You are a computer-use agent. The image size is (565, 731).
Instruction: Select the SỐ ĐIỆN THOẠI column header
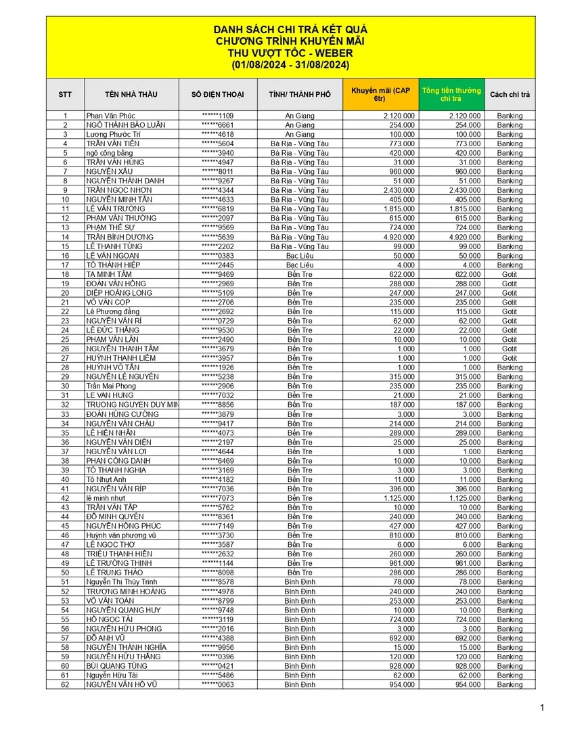tap(217, 95)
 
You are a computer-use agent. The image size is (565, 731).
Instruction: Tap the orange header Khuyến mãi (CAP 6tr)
tap(380, 95)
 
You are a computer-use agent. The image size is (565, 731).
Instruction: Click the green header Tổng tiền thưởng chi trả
tap(451, 95)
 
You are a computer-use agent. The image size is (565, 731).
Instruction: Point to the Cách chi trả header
tap(510, 95)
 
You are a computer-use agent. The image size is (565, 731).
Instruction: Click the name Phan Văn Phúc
tap(110, 116)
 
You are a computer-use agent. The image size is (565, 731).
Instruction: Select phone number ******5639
tap(217, 237)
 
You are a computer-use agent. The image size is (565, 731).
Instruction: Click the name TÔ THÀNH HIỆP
tap(114, 265)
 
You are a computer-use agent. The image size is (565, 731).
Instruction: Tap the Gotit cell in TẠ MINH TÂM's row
tap(510, 274)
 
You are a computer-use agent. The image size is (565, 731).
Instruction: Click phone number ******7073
tap(217, 498)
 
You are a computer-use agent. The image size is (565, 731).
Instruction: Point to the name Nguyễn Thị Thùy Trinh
tap(122, 582)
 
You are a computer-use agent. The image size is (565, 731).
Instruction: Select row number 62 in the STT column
tap(66, 684)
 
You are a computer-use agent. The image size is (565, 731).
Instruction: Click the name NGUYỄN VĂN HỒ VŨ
tap(122, 684)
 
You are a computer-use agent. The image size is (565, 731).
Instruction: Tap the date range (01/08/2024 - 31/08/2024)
tap(290, 65)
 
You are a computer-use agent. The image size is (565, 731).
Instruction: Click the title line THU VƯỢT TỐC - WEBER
tap(290, 53)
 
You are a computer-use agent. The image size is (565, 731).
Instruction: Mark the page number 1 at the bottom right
tap(542, 708)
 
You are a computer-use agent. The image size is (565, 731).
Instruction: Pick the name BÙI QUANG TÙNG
tap(116, 666)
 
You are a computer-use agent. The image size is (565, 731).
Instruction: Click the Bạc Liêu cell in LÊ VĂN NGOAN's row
tap(300, 256)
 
